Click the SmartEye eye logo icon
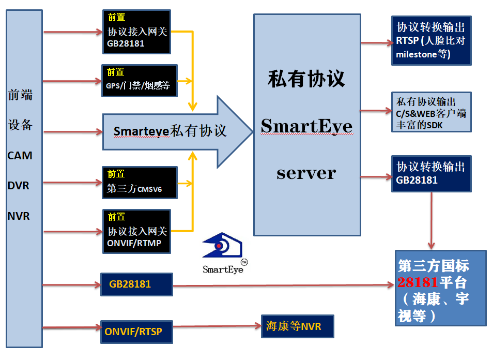[222, 245]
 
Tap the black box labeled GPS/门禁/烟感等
[140, 81]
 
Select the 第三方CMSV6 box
[140, 183]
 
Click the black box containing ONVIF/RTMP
[137, 232]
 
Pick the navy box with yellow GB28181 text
[136, 284]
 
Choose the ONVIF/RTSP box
[136, 332]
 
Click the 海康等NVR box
[298, 326]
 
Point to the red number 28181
[418, 282]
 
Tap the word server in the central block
[306, 173]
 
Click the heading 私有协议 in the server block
[306, 79]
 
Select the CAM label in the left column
[20, 156]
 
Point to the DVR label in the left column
[18, 186]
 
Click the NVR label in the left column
[19, 216]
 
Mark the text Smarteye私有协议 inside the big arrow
[170, 131]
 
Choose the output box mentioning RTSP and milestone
[432, 40]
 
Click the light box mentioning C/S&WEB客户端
[432, 112]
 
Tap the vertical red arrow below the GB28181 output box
[432, 220]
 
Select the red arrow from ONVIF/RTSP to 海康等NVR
[217, 326]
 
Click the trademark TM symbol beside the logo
[244, 262]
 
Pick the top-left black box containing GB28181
[137, 32]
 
